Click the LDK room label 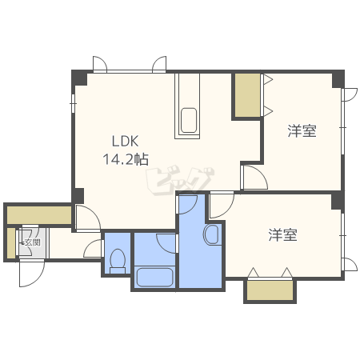tap(125, 142)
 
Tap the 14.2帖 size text tap(126, 159)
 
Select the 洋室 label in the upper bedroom tap(302, 131)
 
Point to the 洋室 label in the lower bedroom tap(282, 235)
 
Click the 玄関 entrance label tap(32, 242)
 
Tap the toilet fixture tap(118, 262)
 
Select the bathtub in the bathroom tap(154, 278)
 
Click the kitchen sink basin tap(189, 120)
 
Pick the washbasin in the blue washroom tap(212, 234)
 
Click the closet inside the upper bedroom tap(247, 95)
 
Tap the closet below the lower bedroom tap(270, 290)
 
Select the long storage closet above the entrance tap(39, 215)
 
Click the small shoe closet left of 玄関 tap(11, 243)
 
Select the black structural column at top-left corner tap(80, 78)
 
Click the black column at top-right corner tap(338, 79)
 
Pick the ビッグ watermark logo tap(180, 180)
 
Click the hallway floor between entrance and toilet tap(75, 245)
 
